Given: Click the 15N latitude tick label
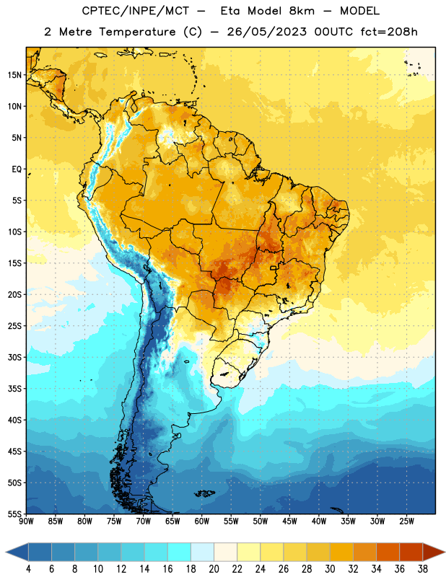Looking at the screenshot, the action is pos(14,75).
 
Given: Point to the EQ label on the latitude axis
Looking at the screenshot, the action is pos(17,169).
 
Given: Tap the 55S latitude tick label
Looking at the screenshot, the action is pos(14,514).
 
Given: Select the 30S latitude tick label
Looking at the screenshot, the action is pos(14,357).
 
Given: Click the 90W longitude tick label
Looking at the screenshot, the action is pos(26,521).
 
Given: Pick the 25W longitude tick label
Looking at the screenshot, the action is pos(406,521).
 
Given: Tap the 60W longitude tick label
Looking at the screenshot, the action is pos(202,521).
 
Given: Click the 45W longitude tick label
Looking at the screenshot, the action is pos(290,521).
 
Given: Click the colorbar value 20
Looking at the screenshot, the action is pos(214,569).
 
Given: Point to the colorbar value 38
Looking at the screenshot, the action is pos(423,569).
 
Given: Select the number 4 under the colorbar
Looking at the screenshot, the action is pos(28,569).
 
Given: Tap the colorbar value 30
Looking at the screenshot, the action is pos(330,569).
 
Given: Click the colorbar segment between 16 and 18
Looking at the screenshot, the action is pos(179,552).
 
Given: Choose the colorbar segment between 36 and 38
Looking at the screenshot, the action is pos(411,552).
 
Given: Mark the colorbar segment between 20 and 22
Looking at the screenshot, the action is pos(225,552).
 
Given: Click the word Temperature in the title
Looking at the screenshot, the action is pos(138,32).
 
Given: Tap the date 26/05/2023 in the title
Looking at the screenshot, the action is pos(267,32).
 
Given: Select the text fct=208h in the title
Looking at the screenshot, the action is pos(389,32).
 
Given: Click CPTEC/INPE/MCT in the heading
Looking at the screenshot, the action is pos(136,11).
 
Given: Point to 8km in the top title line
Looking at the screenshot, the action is pos(302,11).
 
